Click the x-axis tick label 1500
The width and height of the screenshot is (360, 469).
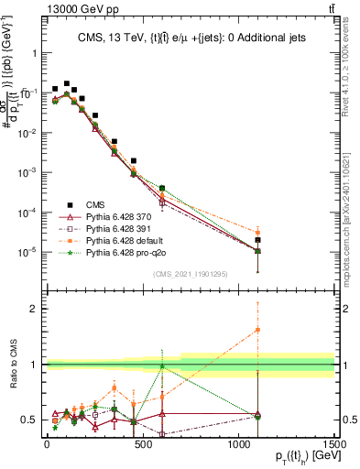coord(335,446)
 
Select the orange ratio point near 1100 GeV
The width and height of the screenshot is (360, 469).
coord(258,330)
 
